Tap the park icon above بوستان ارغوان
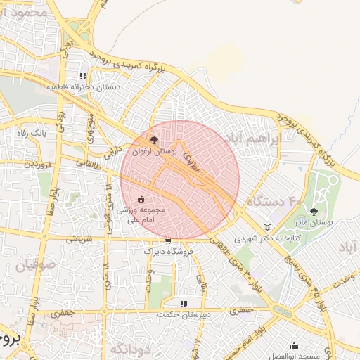(154, 140)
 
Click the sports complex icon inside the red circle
(141, 199)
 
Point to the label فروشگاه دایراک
(167, 250)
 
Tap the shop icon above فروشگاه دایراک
(167, 240)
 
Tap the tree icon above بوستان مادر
(314, 211)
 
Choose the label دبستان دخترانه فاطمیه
(84, 87)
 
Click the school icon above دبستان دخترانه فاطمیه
(83, 76)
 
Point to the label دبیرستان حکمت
(184, 315)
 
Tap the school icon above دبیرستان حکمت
(184, 304)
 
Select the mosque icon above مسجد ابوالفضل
(294, 345)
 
